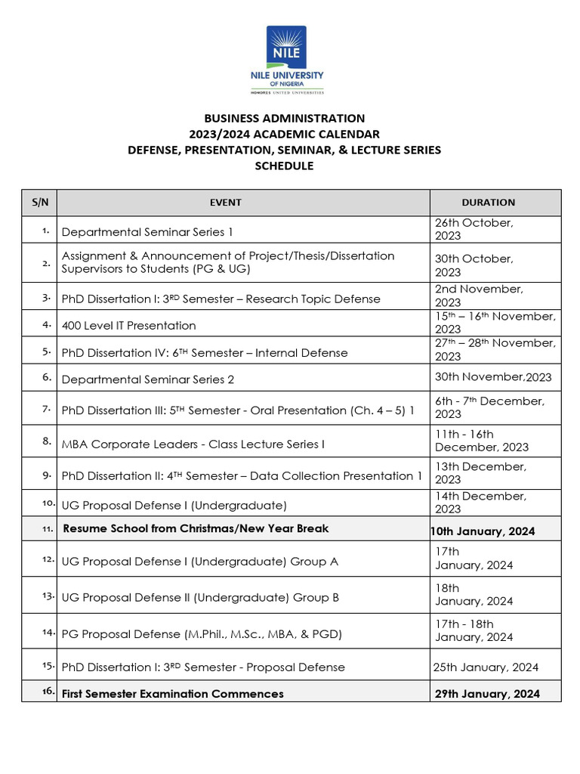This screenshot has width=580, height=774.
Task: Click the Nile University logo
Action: point(287,60)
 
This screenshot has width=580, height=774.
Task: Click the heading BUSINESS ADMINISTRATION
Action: point(284,118)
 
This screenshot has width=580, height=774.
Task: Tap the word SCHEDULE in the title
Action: point(284,166)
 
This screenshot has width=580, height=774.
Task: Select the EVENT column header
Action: point(226,203)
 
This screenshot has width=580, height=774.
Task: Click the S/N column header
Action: point(39,203)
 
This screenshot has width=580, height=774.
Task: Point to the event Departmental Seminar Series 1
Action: point(147,232)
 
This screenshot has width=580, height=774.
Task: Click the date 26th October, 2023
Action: point(474,229)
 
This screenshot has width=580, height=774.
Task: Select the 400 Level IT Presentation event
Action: point(128,326)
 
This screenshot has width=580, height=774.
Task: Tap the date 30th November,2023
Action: point(493,377)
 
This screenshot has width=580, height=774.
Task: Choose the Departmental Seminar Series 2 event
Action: point(148,379)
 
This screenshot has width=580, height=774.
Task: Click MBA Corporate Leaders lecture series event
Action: point(193,444)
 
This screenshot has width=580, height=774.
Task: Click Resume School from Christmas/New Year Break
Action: point(196,528)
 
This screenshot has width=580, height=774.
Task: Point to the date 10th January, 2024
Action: point(483,531)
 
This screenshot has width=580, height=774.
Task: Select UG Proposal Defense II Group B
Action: point(200,597)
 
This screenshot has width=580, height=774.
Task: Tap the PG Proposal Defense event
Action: point(202,634)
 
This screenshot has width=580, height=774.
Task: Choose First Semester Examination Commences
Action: point(173,693)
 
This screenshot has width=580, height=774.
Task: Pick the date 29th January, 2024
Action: point(487,693)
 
